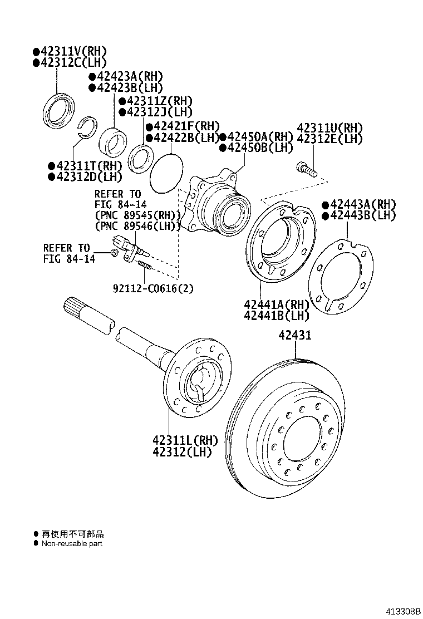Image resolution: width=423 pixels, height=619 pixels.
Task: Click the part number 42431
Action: [x=295, y=335]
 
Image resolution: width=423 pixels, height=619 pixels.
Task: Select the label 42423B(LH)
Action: [x=126, y=87]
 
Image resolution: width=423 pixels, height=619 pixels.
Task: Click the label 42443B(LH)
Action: [x=359, y=215]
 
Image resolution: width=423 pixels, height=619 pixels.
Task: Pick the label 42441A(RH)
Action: [x=276, y=304]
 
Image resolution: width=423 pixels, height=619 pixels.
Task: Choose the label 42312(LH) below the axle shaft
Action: [x=182, y=451]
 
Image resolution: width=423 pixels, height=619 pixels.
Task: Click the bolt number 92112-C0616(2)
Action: [x=154, y=288]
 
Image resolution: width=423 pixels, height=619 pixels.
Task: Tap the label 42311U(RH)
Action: [x=329, y=128]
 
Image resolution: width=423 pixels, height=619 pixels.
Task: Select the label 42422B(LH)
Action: [x=183, y=138]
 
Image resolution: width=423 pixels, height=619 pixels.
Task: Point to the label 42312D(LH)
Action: [x=85, y=176]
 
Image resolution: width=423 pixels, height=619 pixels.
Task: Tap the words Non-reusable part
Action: [x=72, y=544]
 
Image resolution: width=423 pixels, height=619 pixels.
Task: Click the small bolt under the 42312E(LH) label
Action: [x=306, y=170]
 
